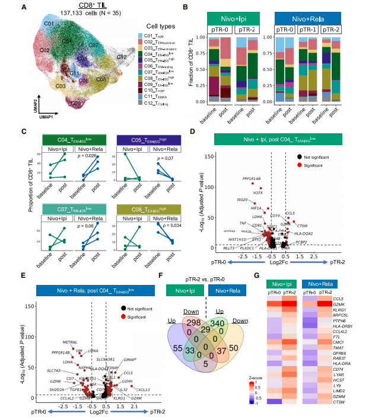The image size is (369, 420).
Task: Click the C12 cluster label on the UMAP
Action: coord(122,57)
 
